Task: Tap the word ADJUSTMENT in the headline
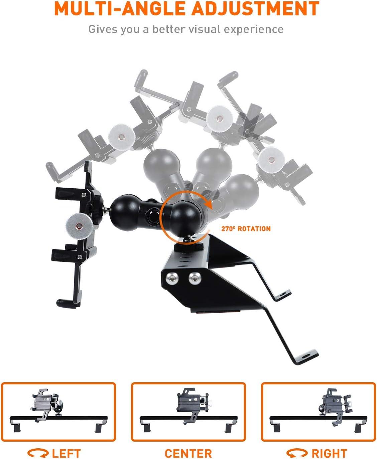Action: point(256,8)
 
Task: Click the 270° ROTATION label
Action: point(246,229)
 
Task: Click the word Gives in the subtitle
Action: point(104,29)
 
